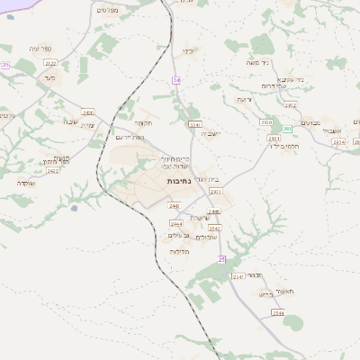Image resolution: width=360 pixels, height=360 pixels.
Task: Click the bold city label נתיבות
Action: (178, 181)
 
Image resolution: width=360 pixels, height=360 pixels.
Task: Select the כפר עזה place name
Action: (41, 49)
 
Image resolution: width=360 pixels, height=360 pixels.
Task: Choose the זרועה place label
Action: (243, 98)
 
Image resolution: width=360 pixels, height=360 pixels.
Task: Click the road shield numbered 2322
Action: (50, 63)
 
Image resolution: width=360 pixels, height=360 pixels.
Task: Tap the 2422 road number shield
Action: (53, 170)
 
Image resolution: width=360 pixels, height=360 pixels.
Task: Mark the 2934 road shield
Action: (337, 142)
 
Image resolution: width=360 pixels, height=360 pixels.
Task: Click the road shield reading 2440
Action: (174, 206)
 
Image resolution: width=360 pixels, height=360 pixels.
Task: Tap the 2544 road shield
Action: (279, 312)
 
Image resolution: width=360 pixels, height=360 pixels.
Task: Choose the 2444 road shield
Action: (176, 223)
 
